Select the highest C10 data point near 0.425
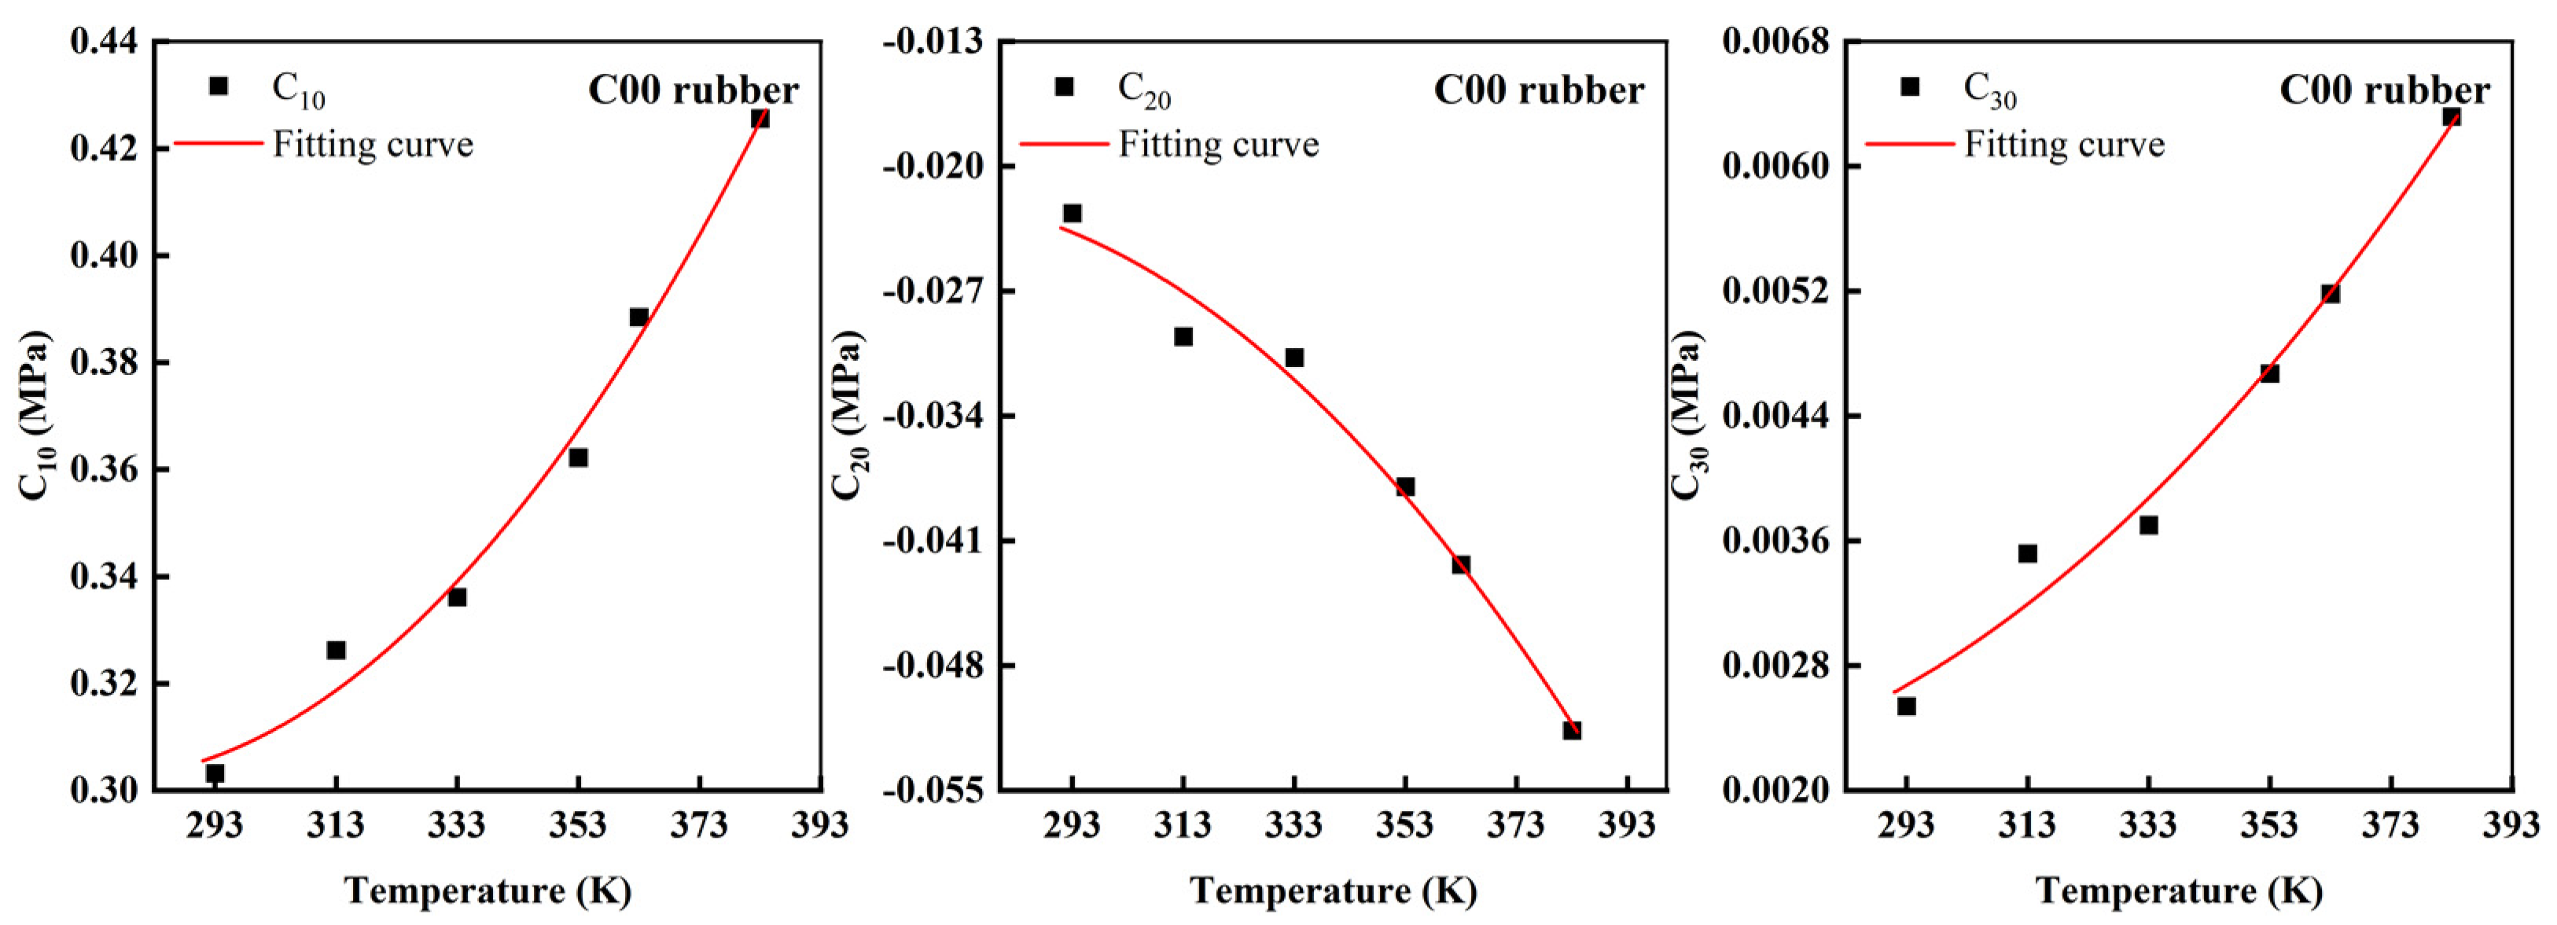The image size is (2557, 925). click(760, 118)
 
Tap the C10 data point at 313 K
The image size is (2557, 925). click(337, 650)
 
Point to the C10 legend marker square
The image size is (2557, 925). click(219, 86)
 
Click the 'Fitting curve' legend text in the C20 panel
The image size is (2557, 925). click(1218, 145)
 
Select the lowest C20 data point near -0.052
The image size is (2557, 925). click(1571, 730)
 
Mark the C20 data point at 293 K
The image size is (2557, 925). click(1072, 214)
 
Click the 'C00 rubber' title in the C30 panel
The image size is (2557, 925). click(2383, 90)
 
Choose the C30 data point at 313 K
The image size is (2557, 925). click(2027, 554)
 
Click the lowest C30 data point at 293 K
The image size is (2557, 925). click(1906, 707)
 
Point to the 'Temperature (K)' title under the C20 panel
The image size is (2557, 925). click(1333, 890)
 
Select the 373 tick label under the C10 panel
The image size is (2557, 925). click(699, 824)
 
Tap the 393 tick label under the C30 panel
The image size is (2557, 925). click(2511, 824)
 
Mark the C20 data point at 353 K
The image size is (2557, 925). click(1404, 486)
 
